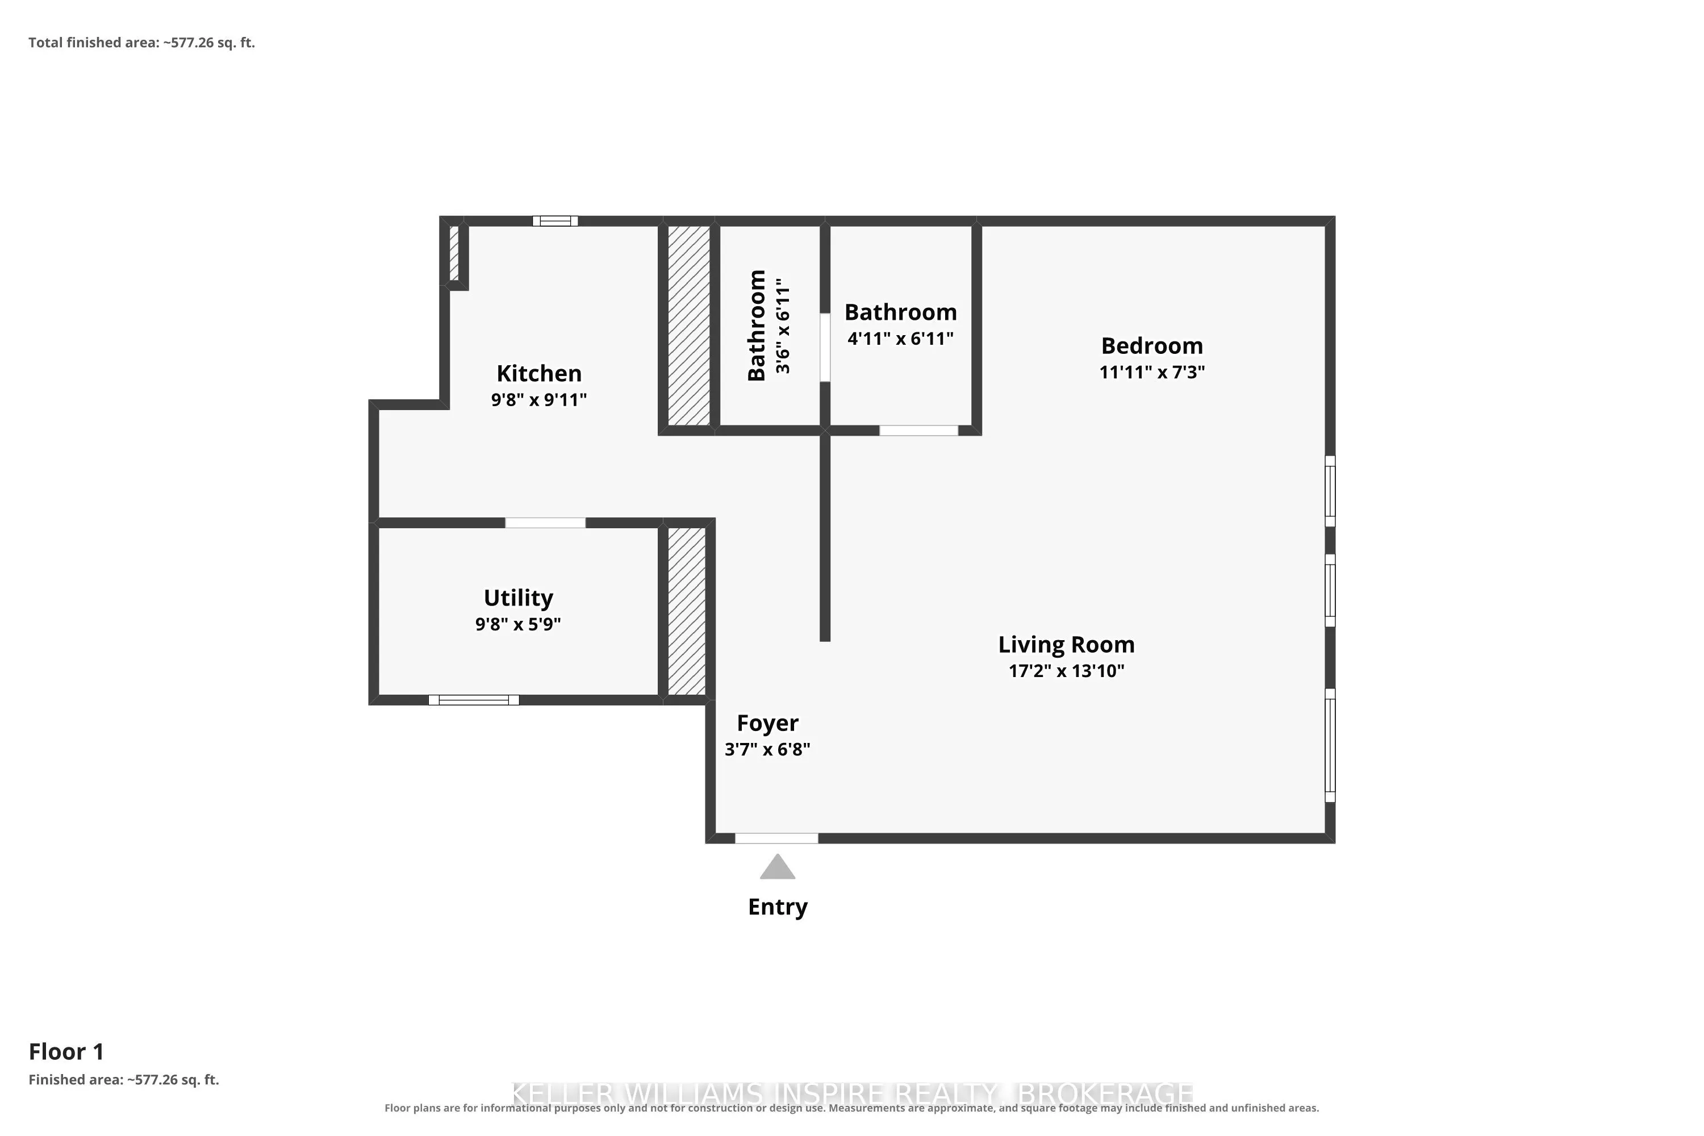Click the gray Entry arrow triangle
(778, 867)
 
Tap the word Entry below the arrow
(778, 907)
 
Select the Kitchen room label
(539, 373)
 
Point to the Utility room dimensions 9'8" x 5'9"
(518, 624)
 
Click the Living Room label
(1067, 644)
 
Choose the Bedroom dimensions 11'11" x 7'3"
(1152, 371)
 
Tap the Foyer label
(767, 723)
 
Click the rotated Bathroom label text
(757, 325)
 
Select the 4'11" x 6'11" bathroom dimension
(900, 339)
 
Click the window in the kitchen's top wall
(555, 221)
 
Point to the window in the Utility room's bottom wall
(474, 700)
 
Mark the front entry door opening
(776, 838)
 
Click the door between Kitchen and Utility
(545, 523)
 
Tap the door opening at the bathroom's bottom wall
(918, 431)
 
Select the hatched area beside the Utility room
(686, 611)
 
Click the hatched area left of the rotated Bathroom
(688, 325)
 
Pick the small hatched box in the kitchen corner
(454, 253)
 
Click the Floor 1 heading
(66, 1051)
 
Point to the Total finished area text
(142, 43)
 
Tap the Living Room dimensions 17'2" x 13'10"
(1067, 671)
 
